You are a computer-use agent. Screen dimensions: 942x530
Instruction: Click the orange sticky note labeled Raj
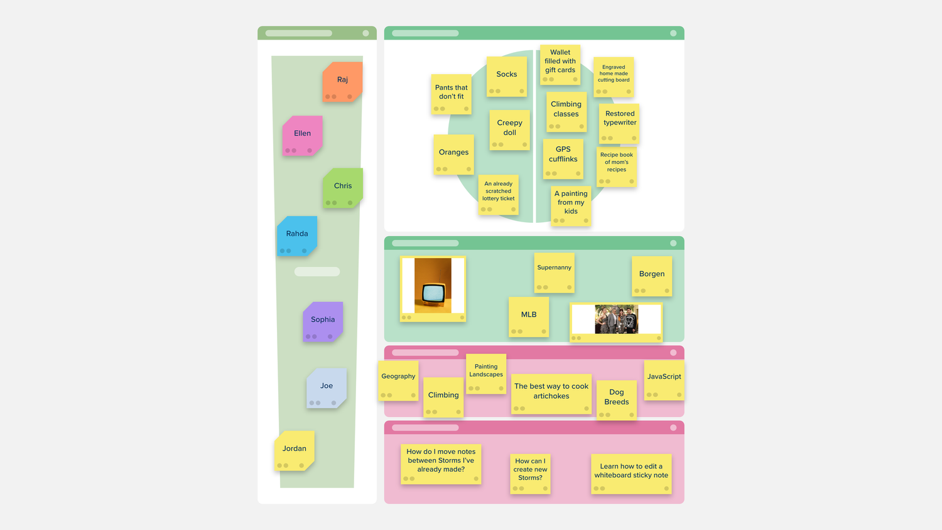(342, 82)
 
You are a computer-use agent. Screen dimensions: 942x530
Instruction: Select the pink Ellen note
(302, 136)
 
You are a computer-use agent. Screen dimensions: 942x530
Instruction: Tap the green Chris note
(343, 188)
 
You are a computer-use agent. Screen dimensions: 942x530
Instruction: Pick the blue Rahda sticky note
(297, 236)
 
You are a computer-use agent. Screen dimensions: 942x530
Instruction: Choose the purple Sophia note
(323, 322)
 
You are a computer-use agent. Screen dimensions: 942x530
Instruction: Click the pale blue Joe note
(327, 388)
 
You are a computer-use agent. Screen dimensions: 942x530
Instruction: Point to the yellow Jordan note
(295, 450)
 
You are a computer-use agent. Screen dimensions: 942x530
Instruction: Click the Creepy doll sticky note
(510, 130)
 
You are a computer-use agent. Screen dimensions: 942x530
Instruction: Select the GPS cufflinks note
(563, 159)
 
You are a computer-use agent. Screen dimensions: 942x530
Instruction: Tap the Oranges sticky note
(454, 154)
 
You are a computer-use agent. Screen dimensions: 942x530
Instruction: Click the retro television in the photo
(433, 293)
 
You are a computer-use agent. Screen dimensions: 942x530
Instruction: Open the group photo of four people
(617, 319)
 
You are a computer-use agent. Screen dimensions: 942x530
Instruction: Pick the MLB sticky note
(529, 317)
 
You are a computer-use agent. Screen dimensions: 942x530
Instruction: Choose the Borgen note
(652, 276)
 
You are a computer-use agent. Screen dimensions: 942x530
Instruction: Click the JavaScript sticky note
(664, 381)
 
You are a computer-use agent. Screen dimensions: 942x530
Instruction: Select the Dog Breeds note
(617, 400)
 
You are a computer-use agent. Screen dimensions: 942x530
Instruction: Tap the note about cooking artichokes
(551, 394)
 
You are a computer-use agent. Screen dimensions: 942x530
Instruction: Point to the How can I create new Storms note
(530, 473)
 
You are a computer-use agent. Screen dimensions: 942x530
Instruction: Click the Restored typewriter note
(619, 124)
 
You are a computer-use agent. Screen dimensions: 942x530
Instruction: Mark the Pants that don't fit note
(452, 94)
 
